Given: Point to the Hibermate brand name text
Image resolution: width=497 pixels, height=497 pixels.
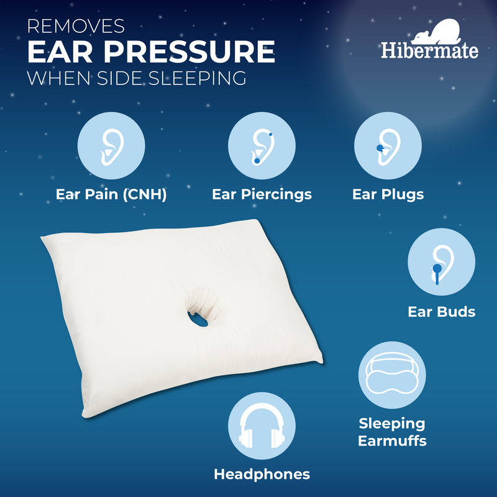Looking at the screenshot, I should [x=430, y=50].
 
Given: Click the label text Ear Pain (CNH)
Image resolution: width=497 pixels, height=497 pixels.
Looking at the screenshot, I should [x=111, y=194].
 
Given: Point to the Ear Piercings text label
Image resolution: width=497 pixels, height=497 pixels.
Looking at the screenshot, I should [x=262, y=194].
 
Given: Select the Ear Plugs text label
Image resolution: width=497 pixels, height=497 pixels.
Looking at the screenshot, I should [x=388, y=194].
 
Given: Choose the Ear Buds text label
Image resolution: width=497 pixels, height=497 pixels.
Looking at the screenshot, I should [x=442, y=311].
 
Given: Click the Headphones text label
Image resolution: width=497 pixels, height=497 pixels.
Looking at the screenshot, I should [x=262, y=475].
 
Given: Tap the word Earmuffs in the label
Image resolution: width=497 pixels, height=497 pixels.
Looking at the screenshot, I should [x=392, y=442].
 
